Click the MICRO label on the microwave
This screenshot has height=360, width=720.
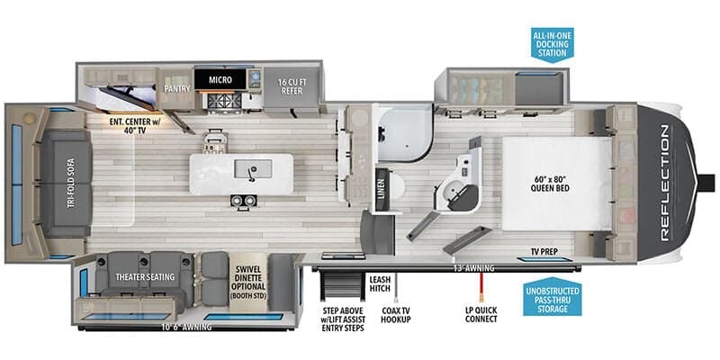pos(220,80)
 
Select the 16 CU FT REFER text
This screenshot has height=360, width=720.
pos(293,85)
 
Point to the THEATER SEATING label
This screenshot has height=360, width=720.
pos(144,276)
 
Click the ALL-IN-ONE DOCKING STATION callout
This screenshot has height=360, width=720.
pos(552,42)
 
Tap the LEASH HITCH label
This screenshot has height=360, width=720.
pos(380,285)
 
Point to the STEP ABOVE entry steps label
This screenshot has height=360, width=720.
pos(343,319)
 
